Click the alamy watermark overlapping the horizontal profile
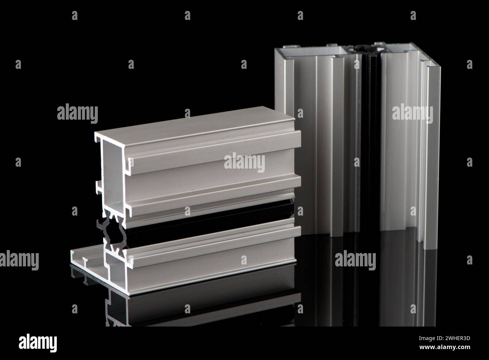244,163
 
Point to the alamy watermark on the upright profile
412,113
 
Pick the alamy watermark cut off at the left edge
19,260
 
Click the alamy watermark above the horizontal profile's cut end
77,113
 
